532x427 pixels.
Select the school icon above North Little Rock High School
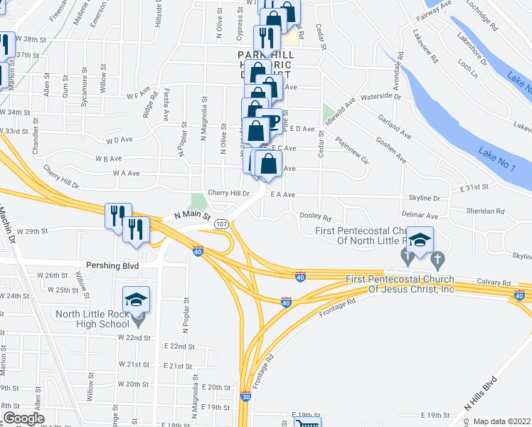click(137, 300)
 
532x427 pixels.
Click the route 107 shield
click(221, 223)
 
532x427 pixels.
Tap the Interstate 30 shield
click(245, 397)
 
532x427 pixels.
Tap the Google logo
click(23, 418)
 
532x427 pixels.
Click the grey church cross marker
click(437, 258)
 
